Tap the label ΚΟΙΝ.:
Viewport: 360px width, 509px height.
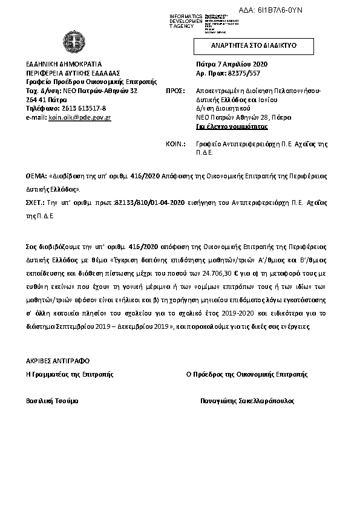click(174, 144)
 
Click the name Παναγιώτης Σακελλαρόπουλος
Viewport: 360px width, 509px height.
click(247, 401)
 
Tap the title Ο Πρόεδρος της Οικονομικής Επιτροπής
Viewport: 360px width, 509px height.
click(247, 374)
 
